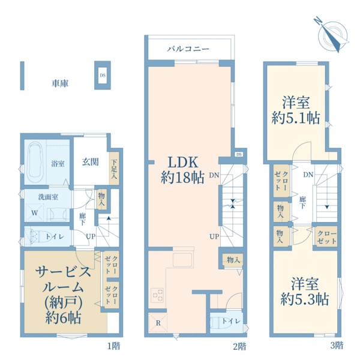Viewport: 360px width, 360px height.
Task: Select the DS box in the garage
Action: tap(102, 76)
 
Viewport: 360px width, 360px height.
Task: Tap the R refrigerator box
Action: tap(158, 323)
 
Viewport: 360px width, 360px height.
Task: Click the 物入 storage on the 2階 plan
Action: tap(233, 259)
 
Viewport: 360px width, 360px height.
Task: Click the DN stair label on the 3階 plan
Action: tap(308, 175)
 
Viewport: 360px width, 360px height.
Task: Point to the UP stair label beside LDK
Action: tap(214, 236)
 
